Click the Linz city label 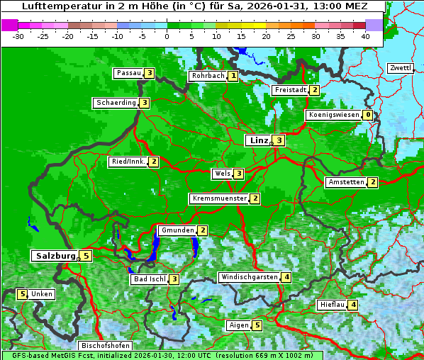(x=259, y=140)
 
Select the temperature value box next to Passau (x=149, y=73)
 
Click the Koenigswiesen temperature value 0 (x=367, y=115)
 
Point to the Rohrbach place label (x=207, y=76)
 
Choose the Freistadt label (x=290, y=90)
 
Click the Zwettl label (x=400, y=68)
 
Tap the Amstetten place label (x=346, y=182)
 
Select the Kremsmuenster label (x=219, y=198)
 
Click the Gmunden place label (x=177, y=230)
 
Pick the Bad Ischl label (x=150, y=279)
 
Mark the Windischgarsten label (x=249, y=277)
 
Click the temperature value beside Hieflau (x=353, y=305)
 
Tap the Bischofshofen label (x=105, y=346)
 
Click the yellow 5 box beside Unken (x=22, y=294)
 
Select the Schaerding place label (x=116, y=103)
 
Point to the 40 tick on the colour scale (x=365, y=36)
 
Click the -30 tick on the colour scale (x=18, y=36)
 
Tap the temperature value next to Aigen (x=257, y=325)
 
